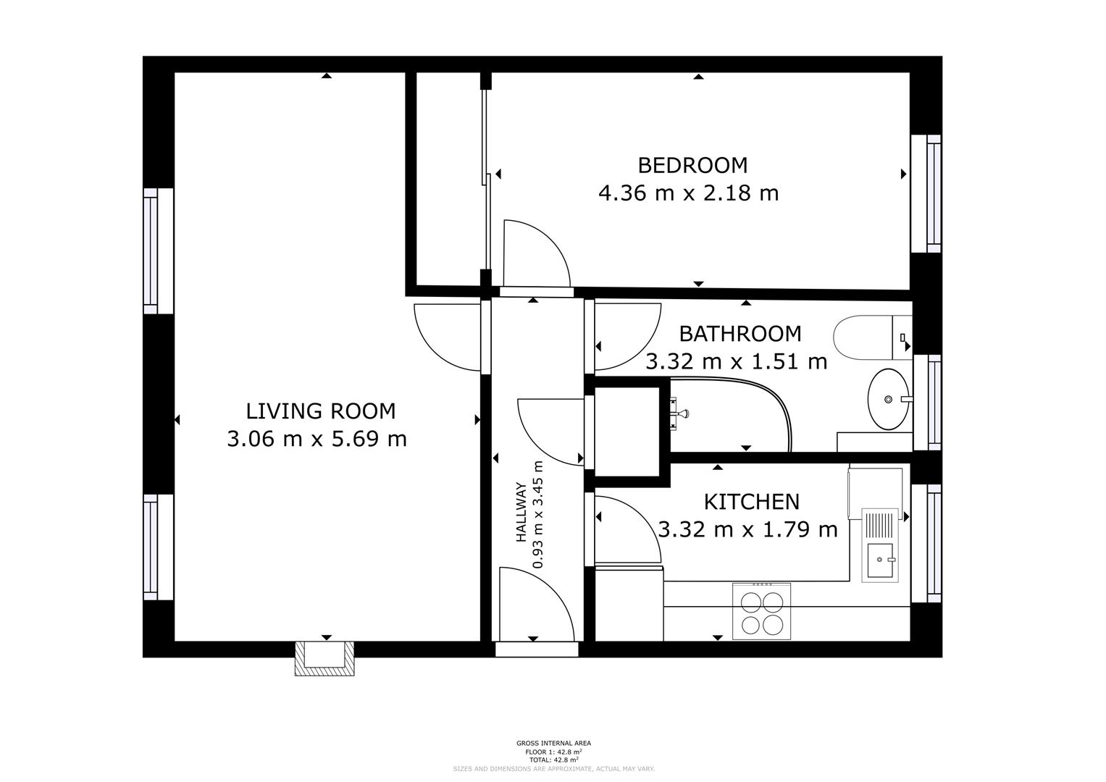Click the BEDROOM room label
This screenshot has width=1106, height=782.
coord(692,165)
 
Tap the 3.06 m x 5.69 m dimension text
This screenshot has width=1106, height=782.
coord(317,439)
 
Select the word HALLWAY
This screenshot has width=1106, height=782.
coord(521,513)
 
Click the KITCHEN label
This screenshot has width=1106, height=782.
coord(751,501)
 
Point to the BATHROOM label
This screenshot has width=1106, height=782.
coord(740,334)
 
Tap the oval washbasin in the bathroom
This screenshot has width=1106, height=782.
coord(888,399)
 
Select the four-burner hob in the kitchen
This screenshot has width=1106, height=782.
coord(761,613)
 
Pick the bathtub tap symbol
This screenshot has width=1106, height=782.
coord(679,414)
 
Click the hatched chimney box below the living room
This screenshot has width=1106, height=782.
coord(324,658)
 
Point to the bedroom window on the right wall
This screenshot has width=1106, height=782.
coord(933,193)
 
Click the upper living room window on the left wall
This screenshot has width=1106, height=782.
coord(151,251)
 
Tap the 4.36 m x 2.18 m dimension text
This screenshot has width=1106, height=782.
coord(688,193)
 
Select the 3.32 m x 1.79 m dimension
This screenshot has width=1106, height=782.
coord(747,530)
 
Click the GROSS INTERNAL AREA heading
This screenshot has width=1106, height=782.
coord(553,743)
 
